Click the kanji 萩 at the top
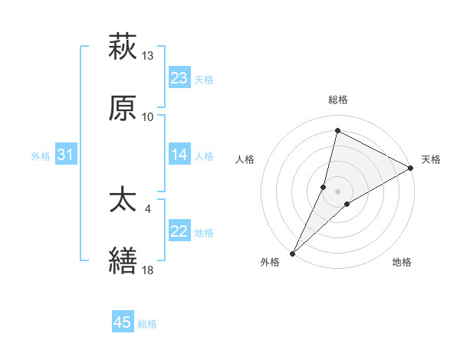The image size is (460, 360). pos(123,47)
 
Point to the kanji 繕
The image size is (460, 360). pos(123,260)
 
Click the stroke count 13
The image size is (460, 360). pos(147,56)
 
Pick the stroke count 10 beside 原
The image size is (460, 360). pos(147,116)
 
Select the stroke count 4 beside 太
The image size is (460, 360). pos(147,208)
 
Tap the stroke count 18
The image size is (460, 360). pos(147,269)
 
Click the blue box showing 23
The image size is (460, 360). pos(179,78)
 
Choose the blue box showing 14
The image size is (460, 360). pos(179,155)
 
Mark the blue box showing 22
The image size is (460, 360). pos(179,231)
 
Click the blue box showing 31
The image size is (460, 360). pos(66,155)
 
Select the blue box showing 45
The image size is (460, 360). pos(123,322)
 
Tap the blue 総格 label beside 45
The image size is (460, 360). pos(147,324)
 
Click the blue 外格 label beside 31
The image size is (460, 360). pos(41,156)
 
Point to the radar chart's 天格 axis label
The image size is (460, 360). pos(432,159)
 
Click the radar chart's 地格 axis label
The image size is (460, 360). pos(402,263)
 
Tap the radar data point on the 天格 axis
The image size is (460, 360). pos(411,168)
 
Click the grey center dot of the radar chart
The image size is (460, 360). pos(337,191)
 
